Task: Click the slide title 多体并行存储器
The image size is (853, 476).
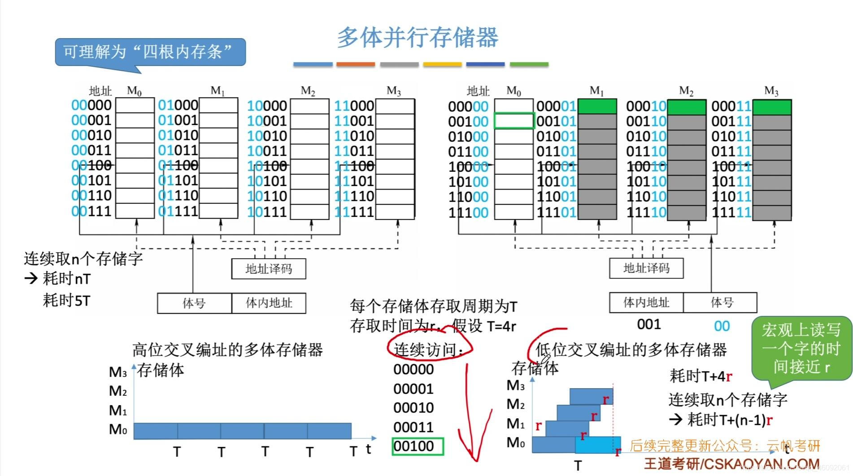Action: [x=418, y=37]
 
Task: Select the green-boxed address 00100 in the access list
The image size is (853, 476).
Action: [x=418, y=446]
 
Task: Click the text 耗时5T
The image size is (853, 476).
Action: [x=66, y=300]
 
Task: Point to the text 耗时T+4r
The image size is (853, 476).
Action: [x=701, y=376]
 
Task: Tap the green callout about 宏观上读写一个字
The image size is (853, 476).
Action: [x=801, y=349]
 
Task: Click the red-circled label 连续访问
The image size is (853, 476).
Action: [x=428, y=350]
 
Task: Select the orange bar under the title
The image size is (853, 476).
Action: [x=355, y=65]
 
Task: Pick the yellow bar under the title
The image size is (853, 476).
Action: [x=442, y=65]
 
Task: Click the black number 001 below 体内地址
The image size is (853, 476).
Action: [x=648, y=324]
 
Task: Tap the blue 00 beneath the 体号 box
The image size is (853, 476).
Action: [x=722, y=326]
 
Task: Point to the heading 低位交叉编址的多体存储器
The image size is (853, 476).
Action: [x=631, y=350]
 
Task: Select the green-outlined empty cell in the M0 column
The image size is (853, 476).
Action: [x=514, y=121]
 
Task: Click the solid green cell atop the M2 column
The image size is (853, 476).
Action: [x=687, y=107]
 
